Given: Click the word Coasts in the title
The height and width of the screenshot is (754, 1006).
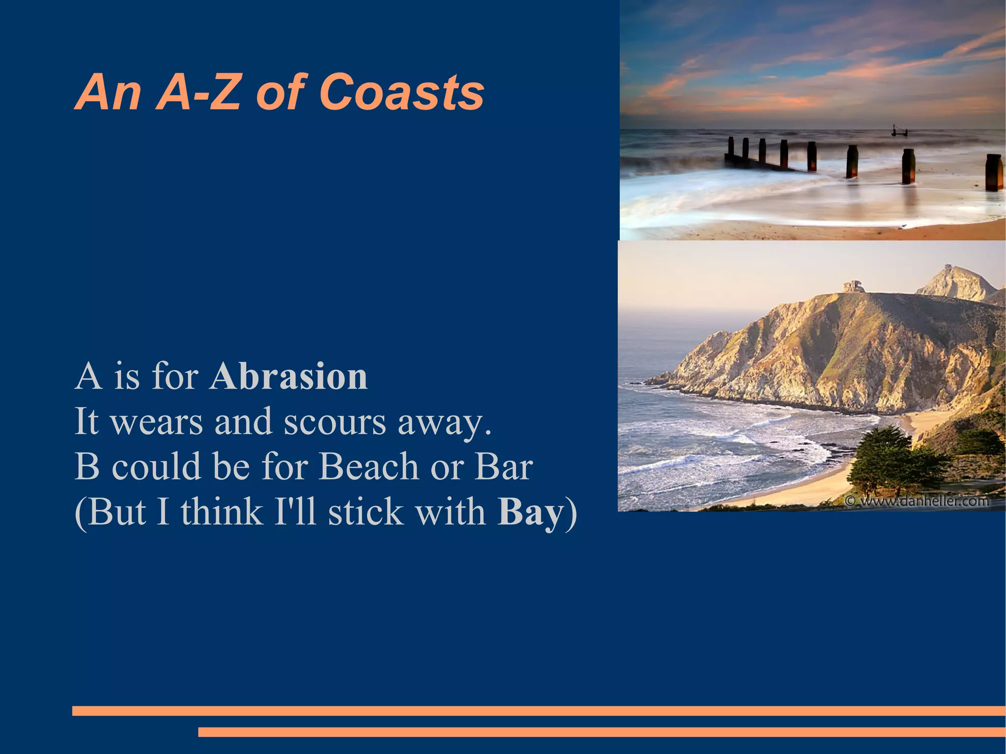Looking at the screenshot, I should point(402,92).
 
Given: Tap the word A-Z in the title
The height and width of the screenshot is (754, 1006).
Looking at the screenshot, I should point(199,92).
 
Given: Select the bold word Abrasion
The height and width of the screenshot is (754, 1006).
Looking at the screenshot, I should point(289,377).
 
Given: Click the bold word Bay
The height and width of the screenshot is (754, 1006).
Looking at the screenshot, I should point(531,513).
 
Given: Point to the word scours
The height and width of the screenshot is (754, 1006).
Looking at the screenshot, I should point(335,422).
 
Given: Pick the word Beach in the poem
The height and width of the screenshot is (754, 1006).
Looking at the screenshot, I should point(368,466).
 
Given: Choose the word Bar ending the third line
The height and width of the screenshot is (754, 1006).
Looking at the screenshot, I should point(503,466).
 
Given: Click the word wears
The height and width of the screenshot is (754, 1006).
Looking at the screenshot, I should point(157,422).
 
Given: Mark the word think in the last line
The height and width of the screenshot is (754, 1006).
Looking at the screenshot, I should point(222,512).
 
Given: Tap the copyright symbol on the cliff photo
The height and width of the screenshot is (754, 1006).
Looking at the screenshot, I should point(850,501).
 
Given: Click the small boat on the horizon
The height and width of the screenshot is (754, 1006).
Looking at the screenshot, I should point(899,131).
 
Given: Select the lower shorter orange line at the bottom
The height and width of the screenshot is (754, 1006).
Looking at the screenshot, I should point(601,732).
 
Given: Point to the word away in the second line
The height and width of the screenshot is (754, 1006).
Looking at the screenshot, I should point(444,422).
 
